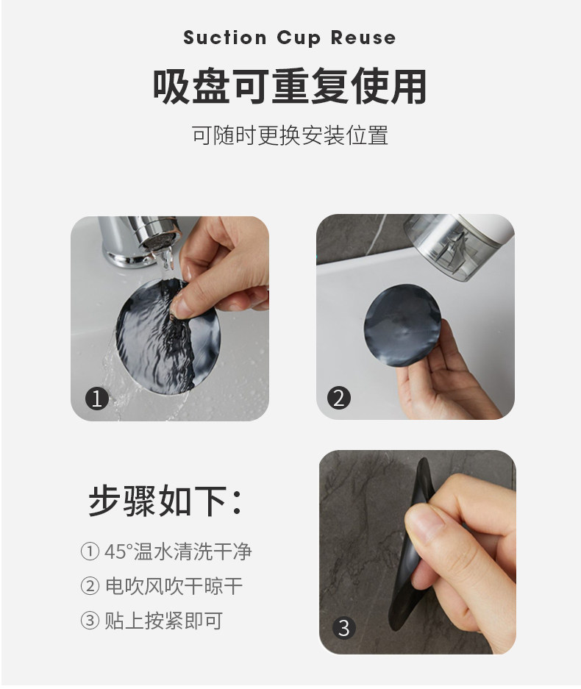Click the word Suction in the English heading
pos(224,38)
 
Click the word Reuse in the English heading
pos(363,38)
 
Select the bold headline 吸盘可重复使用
pos(290,86)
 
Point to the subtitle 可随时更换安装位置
pos(290,135)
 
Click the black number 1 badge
pos(96,399)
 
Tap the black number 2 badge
pos(339,398)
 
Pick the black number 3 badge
pos(344,627)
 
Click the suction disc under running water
pos(168,335)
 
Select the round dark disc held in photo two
pos(402,326)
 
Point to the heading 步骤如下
pos(165,501)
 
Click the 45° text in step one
pos(118,551)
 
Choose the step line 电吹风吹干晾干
pos(174,586)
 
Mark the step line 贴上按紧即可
pos(164,621)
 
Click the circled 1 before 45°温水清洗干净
pos(90,551)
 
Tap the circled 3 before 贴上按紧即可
pos(90,621)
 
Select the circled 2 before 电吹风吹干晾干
pos(90,586)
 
